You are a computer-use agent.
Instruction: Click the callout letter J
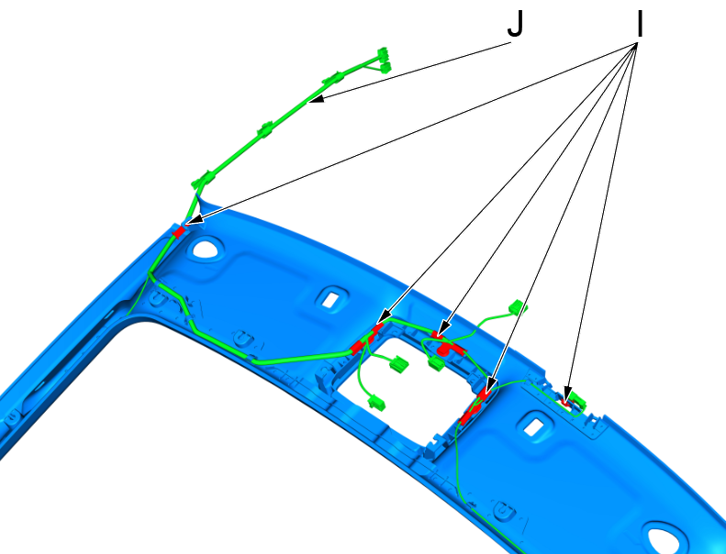pos(515,24)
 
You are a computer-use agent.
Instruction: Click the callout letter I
pos(640,24)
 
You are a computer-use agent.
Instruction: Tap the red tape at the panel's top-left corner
pos(179,231)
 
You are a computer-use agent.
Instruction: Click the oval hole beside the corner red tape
pos(207,248)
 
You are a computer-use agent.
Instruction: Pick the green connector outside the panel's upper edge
pos(518,307)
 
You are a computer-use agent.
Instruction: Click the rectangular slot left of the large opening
pos(330,299)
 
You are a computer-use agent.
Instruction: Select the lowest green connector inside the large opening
pos(377,402)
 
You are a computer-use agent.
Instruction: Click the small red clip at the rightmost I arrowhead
pos(564,402)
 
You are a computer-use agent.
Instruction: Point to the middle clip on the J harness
pos(266,129)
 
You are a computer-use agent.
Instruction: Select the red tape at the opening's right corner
pos(476,405)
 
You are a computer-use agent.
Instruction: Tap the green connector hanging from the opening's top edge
pos(436,363)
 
